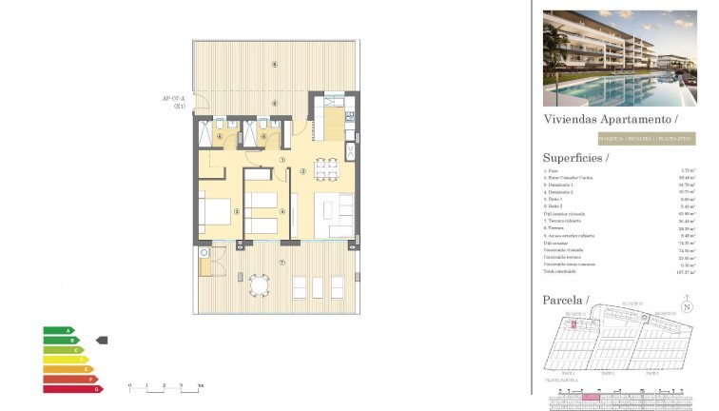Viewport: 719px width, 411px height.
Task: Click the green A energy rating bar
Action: [57, 331]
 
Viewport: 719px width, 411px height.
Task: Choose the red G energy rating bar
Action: [71, 388]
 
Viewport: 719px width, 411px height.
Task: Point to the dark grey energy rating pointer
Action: [104, 339]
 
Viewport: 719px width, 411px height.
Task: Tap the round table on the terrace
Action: [258, 284]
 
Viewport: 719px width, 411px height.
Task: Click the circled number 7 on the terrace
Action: [282, 263]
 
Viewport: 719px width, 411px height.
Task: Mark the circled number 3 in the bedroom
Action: [237, 211]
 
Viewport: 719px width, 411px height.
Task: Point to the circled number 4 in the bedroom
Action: [282, 211]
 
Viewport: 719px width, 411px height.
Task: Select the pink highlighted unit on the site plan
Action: [574, 324]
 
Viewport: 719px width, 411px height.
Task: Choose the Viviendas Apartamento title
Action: [610, 120]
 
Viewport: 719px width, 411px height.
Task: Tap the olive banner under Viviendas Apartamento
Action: [619, 138]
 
